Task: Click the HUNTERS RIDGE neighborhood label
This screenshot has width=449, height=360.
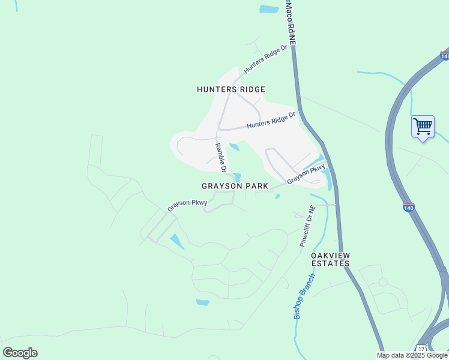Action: (231, 89)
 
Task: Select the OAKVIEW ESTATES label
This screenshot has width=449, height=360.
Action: (330, 259)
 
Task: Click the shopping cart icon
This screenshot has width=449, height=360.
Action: (423, 127)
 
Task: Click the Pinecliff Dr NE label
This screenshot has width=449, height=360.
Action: (307, 226)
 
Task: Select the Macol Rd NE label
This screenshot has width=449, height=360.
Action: (291, 23)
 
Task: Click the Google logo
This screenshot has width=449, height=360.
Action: (20, 353)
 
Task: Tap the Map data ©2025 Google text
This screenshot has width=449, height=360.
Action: (412, 355)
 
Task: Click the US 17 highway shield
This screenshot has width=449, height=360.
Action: (422, 349)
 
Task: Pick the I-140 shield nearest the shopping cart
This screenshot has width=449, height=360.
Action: (444, 56)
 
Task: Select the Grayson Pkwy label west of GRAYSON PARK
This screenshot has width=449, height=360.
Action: (187, 205)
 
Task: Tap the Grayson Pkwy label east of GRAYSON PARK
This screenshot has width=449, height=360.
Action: (306, 175)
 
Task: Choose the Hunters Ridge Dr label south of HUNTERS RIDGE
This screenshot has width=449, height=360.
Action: (271, 121)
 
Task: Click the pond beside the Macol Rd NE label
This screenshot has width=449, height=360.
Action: (268, 9)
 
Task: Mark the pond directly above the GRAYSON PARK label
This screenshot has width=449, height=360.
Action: (237, 177)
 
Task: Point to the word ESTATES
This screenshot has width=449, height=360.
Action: (330, 263)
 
